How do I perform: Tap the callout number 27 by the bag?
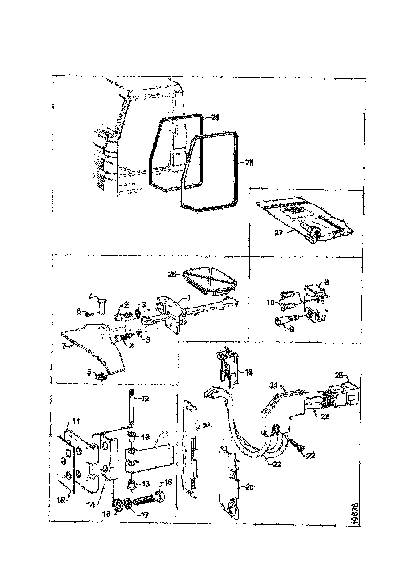[278, 233]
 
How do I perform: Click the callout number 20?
[250, 487]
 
